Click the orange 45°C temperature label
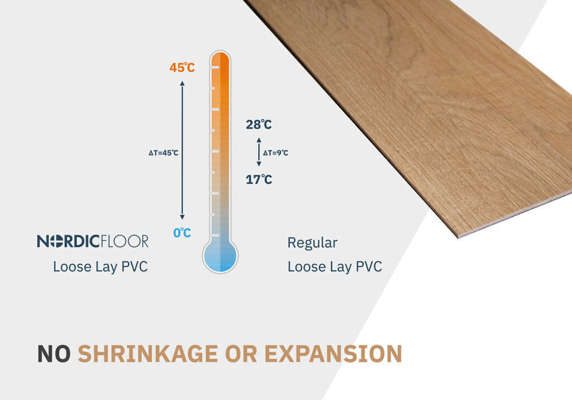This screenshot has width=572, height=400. [182, 68]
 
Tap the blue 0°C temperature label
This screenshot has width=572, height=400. [182, 233]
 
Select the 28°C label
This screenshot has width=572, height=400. [259, 124]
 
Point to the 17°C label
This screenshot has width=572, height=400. [259, 180]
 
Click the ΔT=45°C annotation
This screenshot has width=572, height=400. [164, 153]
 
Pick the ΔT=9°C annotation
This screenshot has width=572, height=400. [275, 153]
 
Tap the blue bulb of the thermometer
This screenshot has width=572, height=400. [220, 256]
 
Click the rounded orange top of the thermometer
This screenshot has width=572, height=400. [220, 57]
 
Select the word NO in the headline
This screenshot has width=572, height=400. [54, 354]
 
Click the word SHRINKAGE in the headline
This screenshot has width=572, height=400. [147, 354]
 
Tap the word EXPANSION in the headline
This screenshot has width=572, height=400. [333, 354]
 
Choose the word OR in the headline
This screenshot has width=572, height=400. [241, 354]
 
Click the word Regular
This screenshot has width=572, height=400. [312, 243]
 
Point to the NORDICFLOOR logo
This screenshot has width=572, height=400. [93, 241]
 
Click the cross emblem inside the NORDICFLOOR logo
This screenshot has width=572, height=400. [56, 241]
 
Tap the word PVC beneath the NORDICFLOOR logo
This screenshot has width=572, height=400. [134, 267]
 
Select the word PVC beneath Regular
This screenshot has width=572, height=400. [369, 267]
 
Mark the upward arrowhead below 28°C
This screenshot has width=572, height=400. [259, 140]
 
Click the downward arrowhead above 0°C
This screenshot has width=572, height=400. [182, 217]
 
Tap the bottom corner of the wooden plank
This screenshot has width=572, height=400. [458, 238]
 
